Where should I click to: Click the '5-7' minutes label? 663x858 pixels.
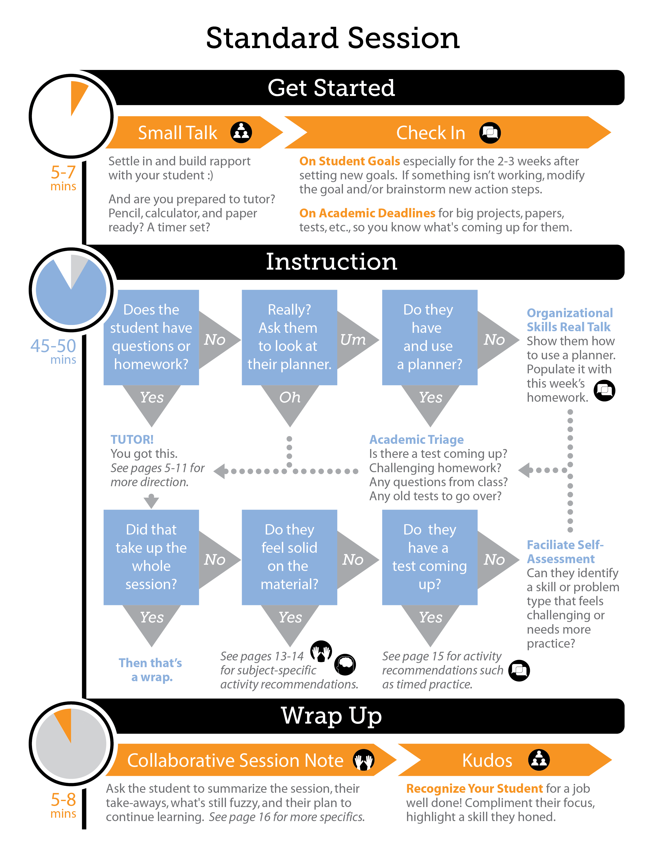63,173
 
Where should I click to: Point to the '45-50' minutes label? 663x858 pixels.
53,346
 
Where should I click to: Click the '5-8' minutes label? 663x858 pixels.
63,799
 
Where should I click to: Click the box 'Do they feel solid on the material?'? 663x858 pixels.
289,557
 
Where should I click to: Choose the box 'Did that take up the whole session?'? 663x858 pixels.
151,557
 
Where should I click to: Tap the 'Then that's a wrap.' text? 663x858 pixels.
151,670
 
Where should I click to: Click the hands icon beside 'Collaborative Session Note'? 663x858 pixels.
363,760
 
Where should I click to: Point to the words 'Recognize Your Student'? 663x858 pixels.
474,789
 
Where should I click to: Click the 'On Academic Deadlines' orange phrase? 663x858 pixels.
367,213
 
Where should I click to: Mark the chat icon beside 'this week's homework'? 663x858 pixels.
604,391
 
